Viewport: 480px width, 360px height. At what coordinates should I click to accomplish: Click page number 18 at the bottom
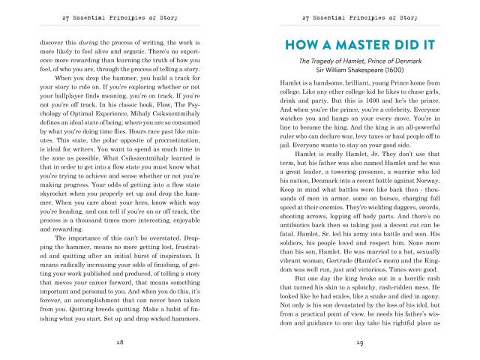(120, 342)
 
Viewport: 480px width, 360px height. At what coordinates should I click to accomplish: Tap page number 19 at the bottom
(361, 342)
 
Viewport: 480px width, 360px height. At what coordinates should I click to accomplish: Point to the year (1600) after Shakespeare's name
(401, 74)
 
